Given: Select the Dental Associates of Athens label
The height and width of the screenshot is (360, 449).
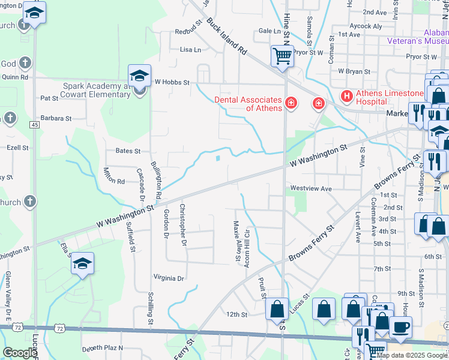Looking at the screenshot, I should point(249,104).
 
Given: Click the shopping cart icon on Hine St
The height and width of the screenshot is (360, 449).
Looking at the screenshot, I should point(282,56).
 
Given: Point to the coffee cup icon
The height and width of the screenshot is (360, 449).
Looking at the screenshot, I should point(400,327).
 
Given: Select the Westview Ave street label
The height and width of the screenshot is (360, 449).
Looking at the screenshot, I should point(311,188).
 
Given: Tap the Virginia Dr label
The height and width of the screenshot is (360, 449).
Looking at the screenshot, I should point(169,278).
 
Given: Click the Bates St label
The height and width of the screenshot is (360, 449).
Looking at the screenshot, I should point(128,151).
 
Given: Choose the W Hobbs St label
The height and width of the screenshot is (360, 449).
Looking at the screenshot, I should point(172,82).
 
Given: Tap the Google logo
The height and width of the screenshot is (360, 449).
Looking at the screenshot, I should point(20,353).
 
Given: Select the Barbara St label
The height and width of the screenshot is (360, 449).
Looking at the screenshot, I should point(56,118).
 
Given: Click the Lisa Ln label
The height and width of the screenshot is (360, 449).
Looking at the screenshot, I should point(190,50).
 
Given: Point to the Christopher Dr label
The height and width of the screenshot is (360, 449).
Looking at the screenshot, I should point(183,225).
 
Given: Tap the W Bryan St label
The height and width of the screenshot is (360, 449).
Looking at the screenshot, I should point(354,71).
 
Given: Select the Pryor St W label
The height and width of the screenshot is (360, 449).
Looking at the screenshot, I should point(421,56).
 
